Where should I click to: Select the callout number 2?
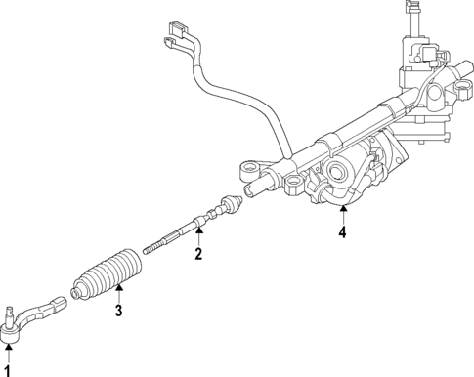click(x=198, y=255)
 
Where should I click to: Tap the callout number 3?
click(x=119, y=312)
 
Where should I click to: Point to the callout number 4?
click(x=342, y=232)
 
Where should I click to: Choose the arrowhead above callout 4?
click(x=342, y=209)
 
